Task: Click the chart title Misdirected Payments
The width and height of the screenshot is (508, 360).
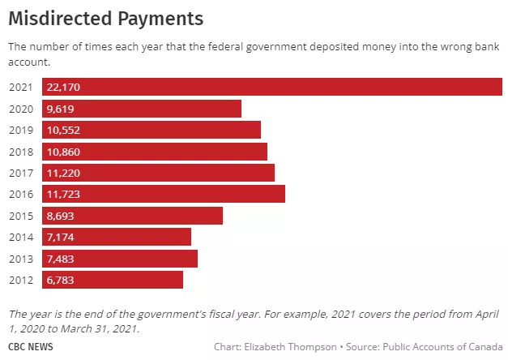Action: point(105,17)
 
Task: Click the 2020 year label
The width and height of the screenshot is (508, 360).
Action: point(20,109)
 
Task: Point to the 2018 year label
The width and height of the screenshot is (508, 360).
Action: point(20,152)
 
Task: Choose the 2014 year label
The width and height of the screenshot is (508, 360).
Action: point(20,237)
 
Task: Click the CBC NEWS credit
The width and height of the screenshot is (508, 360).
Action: point(32,347)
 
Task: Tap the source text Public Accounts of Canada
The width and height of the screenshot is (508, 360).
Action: point(442,347)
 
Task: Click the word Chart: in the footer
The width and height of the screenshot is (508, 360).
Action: point(228,347)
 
